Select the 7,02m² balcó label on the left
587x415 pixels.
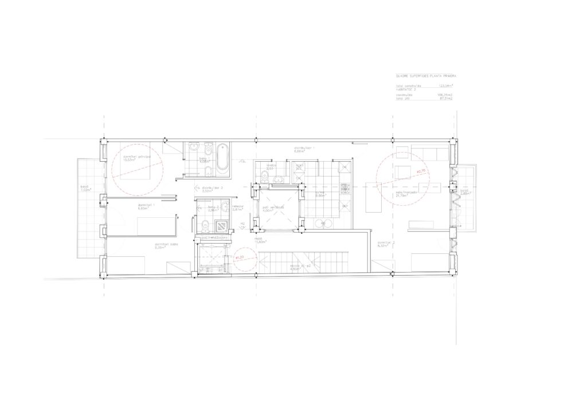(x=85, y=188)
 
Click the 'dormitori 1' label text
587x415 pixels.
(x=144, y=206)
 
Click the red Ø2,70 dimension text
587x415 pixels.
(x=421, y=170)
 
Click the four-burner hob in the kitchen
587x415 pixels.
(x=346, y=187)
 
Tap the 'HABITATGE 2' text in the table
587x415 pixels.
(x=406, y=89)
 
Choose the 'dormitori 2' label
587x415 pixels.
(x=385, y=243)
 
